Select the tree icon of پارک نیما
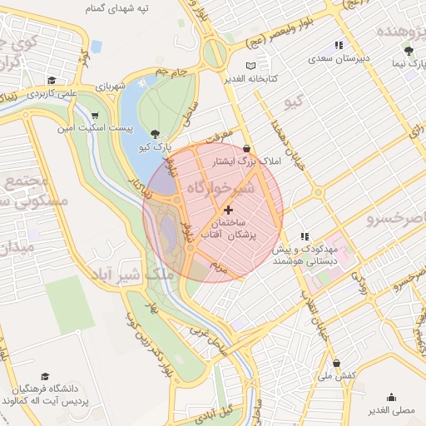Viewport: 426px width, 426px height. tap(408, 51)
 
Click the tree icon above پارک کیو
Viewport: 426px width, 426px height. tap(156, 133)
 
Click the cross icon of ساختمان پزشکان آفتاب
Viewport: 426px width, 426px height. tap(229, 209)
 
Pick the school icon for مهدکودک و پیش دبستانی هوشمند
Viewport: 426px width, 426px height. tap(305, 236)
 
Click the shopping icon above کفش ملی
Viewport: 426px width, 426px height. tap(336, 363)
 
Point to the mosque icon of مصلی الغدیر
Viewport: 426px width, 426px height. tap(391, 397)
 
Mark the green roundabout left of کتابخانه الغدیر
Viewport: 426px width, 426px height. tap(215, 56)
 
